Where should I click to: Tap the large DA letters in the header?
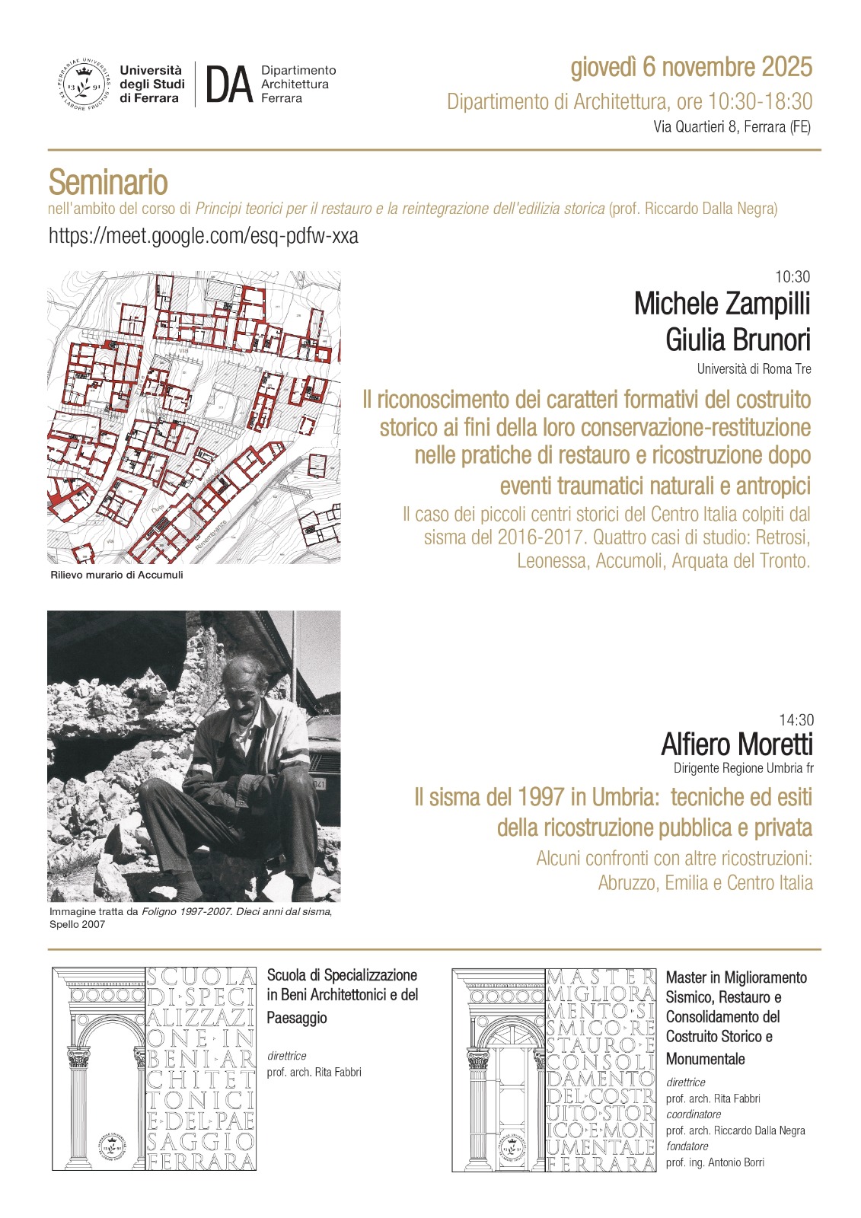pyautogui.click(x=228, y=84)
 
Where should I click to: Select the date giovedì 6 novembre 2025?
pyautogui.click(x=691, y=68)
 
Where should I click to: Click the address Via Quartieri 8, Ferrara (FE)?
pyautogui.click(x=732, y=127)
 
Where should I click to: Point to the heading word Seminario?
pyautogui.click(x=108, y=183)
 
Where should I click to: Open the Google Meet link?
pyautogui.click(x=203, y=236)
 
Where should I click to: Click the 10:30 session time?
pyautogui.click(x=792, y=277)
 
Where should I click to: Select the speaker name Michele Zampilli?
pyautogui.click(x=722, y=304)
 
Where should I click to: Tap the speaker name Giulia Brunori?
pyautogui.click(x=738, y=340)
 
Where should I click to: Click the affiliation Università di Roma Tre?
pyautogui.click(x=754, y=369)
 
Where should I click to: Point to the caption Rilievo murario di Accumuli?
pyautogui.click(x=116, y=575)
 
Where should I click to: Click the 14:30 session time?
pyautogui.click(x=796, y=720)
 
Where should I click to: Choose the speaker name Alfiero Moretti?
pyautogui.click(x=737, y=744)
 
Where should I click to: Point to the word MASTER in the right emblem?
pyautogui.click(x=601, y=977)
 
